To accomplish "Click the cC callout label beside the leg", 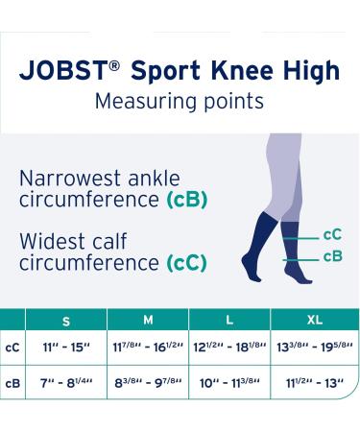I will point(332,233).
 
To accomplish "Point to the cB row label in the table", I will point(12,385).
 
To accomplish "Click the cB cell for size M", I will point(148,385).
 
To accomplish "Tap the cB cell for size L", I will point(229,385).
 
